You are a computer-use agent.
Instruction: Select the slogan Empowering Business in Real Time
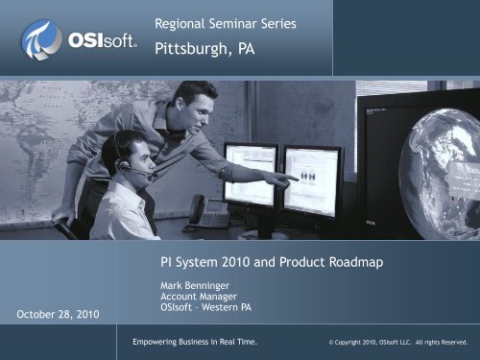click(x=195, y=342)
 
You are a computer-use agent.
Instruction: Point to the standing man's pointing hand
click(x=286, y=179)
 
